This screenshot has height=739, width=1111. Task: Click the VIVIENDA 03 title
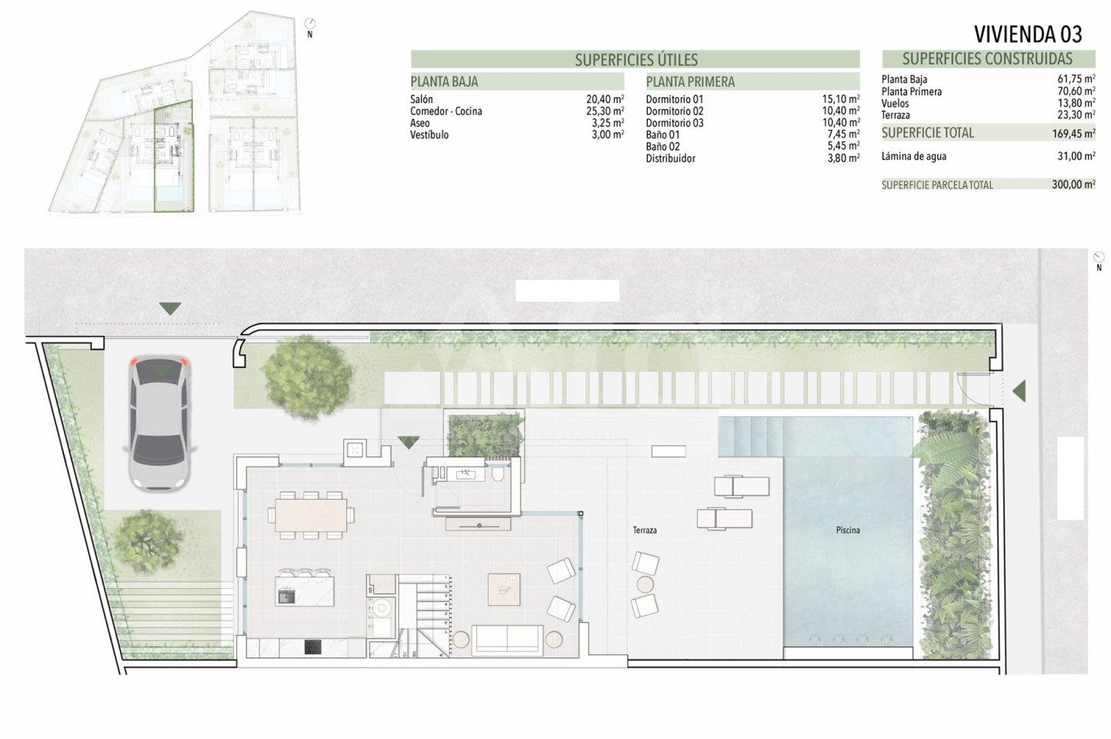coord(1028,34)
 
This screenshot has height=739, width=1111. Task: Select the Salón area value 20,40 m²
coord(605,99)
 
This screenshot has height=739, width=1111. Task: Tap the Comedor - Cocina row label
coord(446,111)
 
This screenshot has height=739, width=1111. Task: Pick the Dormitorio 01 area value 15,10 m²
coord(841,99)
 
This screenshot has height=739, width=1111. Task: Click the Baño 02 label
coord(662,146)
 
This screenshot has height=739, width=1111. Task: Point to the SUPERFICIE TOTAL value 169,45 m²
coord(1074,133)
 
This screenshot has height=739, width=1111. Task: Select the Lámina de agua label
coord(913,156)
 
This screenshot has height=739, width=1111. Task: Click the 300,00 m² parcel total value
coord(1073,185)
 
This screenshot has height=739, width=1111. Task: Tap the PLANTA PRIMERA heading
coord(690,82)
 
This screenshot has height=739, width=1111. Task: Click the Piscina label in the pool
coord(848,530)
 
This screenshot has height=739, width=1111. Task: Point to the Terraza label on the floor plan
coord(645,530)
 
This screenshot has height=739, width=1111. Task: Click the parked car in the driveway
coord(159,423)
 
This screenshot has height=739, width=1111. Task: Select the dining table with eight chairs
coord(311,515)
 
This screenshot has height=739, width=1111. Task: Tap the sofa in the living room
coord(507,639)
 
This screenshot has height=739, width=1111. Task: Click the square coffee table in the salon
coord(504,589)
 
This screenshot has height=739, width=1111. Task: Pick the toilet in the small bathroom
coord(498,474)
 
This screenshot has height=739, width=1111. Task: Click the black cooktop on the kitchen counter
coord(312,647)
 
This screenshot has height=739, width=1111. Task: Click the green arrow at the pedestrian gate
coord(1019,390)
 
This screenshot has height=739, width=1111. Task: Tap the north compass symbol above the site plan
coord(310,23)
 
